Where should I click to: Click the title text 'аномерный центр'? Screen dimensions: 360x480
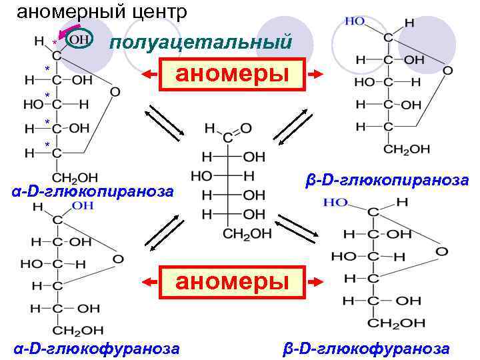[101, 12]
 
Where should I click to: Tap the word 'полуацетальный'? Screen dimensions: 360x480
[201, 43]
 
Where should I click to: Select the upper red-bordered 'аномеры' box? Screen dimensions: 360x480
[232, 73]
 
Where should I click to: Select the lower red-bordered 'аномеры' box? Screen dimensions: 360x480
[232, 281]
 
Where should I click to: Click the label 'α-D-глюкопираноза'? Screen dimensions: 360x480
[93, 192]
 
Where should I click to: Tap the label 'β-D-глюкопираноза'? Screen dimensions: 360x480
[387, 181]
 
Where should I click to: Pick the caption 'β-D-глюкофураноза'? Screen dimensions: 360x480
[366, 348]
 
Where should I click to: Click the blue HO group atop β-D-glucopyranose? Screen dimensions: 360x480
[355, 21]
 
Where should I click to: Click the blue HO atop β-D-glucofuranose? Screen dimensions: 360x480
[334, 201]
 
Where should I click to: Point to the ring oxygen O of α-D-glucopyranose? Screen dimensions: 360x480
[115, 91]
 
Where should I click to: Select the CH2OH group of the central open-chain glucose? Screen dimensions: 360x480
[247, 233]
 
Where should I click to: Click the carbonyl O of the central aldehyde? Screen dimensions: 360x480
[246, 127]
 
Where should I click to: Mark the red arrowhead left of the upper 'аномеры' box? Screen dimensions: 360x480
[145, 73]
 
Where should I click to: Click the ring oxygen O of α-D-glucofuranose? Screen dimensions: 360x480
[118, 259]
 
